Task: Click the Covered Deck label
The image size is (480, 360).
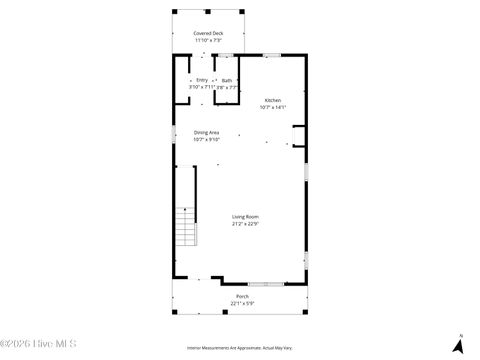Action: (209, 33)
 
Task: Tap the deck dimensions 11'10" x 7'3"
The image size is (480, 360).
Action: (209, 40)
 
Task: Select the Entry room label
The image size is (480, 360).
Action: (202, 80)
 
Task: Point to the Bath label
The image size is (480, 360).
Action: (227, 80)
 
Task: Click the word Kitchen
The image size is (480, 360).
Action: (272, 100)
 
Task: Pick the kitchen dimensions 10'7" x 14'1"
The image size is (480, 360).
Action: (272, 107)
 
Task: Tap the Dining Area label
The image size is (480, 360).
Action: (207, 132)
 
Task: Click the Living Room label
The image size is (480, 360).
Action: (246, 217)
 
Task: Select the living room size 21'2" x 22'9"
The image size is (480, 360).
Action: (246, 224)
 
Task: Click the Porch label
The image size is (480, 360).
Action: (242, 296)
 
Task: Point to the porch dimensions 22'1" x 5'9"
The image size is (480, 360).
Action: (242, 303)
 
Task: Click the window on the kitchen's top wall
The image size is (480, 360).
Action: (272, 55)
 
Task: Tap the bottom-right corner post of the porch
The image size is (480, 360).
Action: (308, 314)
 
